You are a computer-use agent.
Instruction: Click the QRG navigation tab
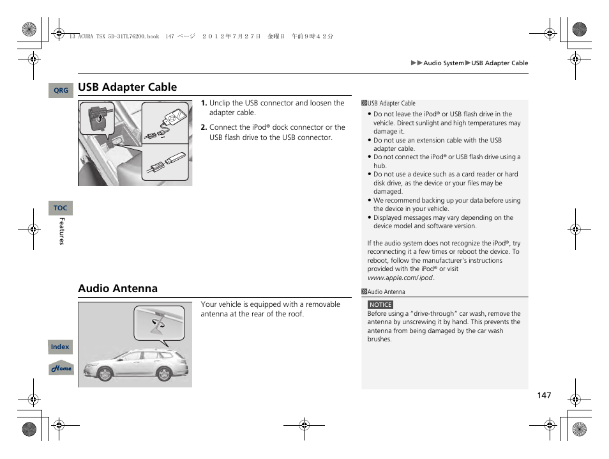(61, 91)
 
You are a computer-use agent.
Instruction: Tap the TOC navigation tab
(60, 208)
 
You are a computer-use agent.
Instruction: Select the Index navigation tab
(60, 347)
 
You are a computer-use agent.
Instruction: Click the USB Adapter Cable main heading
(128, 87)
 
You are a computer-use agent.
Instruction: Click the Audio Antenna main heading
(117, 288)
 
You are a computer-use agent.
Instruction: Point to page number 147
(543, 396)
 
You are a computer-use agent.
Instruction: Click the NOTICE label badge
(380, 305)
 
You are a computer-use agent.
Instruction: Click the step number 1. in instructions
(204, 103)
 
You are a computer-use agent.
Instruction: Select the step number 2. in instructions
(204, 127)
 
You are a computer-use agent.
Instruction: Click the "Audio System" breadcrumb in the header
(444, 63)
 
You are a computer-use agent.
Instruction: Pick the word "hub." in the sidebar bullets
(380, 166)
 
